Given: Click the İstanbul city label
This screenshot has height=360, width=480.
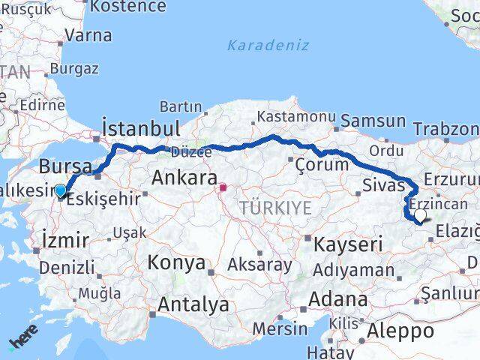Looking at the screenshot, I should [x=141, y=127].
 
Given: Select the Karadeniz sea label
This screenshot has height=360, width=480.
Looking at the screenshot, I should [x=268, y=45].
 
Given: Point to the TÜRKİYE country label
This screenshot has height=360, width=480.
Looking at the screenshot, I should [x=275, y=208].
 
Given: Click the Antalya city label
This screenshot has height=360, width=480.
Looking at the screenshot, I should [x=193, y=304].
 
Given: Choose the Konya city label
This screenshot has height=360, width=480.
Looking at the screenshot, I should [x=176, y=263].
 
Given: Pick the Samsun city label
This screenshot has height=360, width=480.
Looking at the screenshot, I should [x=373, y=121].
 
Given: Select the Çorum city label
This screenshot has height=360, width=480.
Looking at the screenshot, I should [x=322, y=164].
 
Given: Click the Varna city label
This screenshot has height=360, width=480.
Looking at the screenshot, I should [x=88, y=35].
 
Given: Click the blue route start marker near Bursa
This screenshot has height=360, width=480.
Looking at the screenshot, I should [x=60, y=191].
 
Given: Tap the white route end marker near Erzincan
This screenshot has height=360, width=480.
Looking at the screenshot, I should [x=420, y=216].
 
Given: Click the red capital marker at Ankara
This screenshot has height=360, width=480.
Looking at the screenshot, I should [x=223, y=187].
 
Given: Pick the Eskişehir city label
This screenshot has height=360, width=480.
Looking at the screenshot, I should [x=103, y=200].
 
